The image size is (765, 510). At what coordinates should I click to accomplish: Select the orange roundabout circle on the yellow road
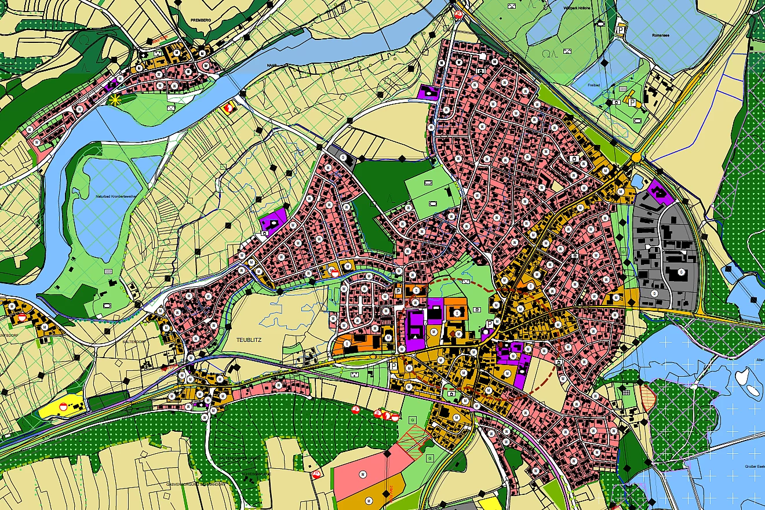(636, 156)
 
